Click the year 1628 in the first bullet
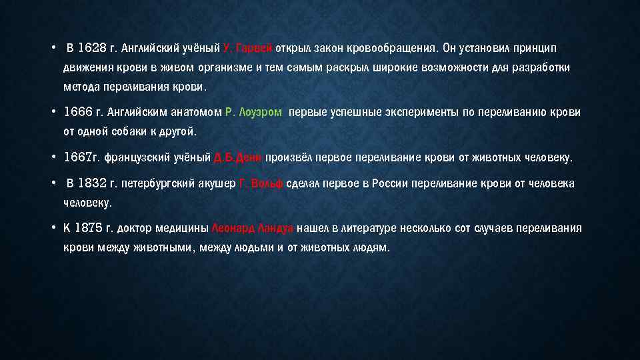coord(93,48)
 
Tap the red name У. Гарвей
coord(248,48)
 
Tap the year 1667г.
coord(81,158)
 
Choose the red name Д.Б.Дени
coord(238,158)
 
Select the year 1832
coord(93,183)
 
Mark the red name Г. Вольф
coord(261,183)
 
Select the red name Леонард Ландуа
coord(252,228)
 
